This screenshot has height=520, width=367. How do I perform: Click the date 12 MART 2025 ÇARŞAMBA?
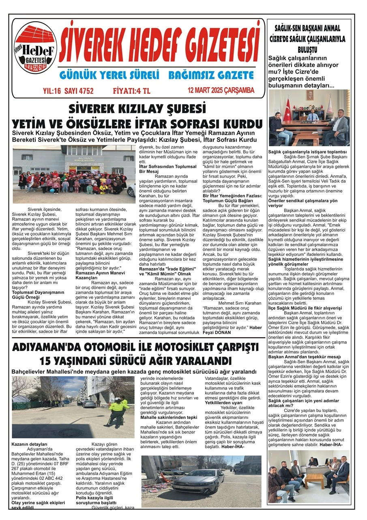tap(221, 90)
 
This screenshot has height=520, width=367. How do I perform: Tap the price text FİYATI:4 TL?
tap(132, 91)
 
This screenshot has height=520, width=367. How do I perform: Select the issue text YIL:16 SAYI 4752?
tap(68, 91)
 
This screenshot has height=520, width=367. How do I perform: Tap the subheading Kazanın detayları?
tap(30, 445)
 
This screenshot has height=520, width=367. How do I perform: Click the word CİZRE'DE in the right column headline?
tap(284, 39)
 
